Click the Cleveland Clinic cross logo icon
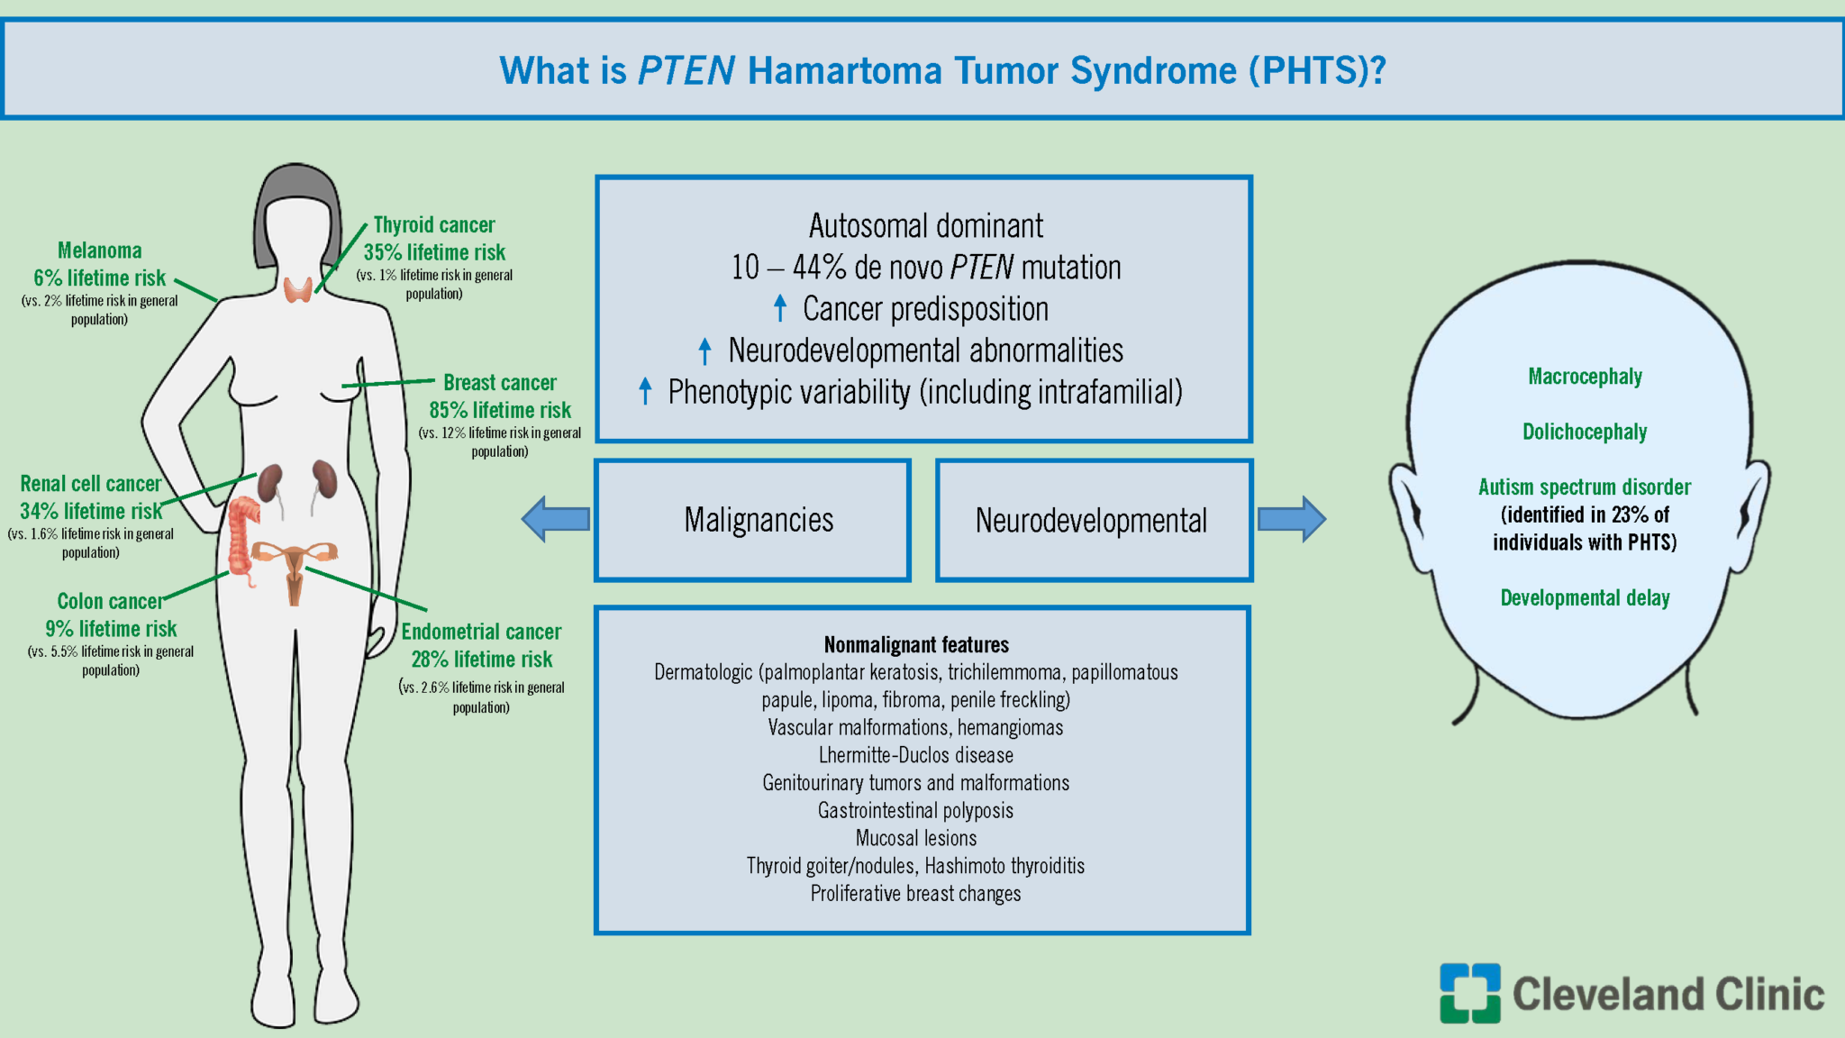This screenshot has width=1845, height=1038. click(x=1469, y=993)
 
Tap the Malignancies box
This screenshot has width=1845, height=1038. click(x=753, y=521)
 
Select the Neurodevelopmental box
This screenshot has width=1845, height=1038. click(x=1094, y=521)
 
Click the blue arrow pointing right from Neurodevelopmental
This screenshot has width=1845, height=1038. click(x=1292, y=519)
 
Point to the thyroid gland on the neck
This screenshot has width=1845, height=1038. click(x=298, y=290)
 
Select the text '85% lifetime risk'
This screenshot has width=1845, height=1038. click(x=500, y=411)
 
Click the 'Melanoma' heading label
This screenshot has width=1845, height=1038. click(x=100, y=250)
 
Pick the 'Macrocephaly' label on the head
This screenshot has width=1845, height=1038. click(x=1585, y=377)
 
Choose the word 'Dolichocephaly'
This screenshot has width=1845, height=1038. click(x=1585, y=432)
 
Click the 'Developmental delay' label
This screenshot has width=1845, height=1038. click(x=1585, y=598)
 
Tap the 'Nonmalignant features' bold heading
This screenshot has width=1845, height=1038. click(x=916, y=645)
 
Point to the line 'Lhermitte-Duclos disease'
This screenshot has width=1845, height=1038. click(x=916, y=755)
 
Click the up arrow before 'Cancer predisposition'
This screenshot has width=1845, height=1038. click(x=780, y=308)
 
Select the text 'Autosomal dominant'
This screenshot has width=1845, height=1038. click(x=925, y=225)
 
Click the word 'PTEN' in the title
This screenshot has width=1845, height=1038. click(x=686, y=71)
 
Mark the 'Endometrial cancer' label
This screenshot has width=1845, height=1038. click(x=481, y=632)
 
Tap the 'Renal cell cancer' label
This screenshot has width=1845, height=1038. click(x=91, y=484)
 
